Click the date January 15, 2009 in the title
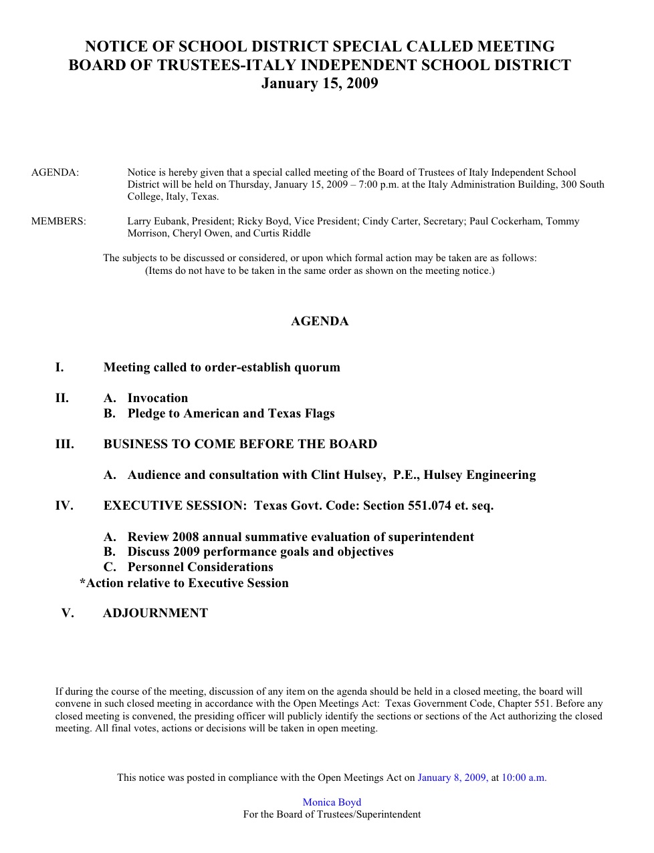(320, 83)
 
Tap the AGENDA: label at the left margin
(55, 172)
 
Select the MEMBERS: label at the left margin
(59, 221)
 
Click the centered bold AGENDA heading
(320, 321)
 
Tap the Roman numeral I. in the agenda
(60, 367)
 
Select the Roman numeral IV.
(64, 506)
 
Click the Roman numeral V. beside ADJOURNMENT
(68, 613)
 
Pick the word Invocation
(158, 398)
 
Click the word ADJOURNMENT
(155, 613)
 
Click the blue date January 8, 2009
(451, 778)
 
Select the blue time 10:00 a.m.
(524, 778)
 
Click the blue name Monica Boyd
(332, 802)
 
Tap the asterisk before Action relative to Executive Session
(83, 582)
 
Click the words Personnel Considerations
(201, 567)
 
